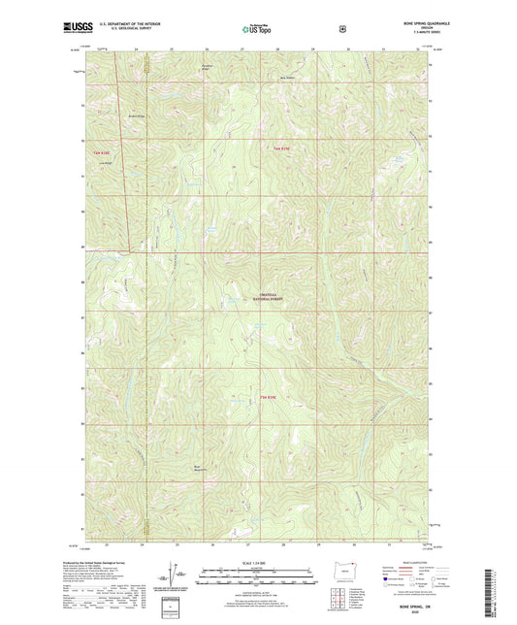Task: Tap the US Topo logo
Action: [257, 30]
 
